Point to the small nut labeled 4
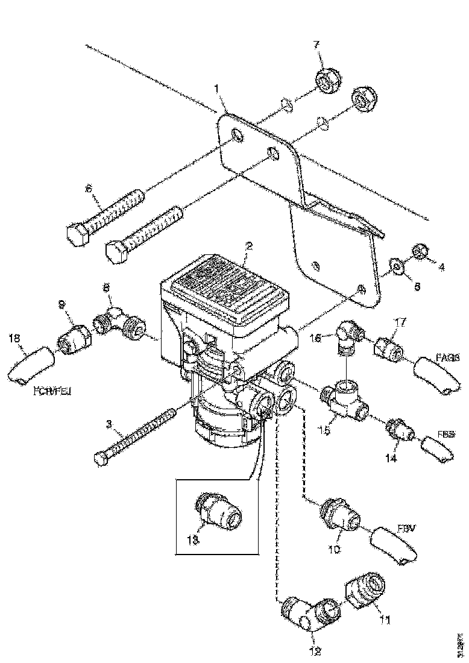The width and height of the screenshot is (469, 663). [418, 250]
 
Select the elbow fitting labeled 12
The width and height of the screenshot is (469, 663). [307, 613]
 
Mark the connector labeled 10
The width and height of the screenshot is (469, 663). [339, 517]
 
